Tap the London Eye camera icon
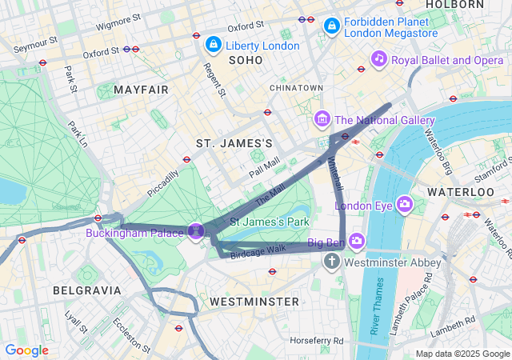[406, 205]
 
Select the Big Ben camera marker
[356, 241]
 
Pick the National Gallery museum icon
[322, 120]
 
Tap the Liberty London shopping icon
[214, 44]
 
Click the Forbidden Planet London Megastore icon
[330, 26]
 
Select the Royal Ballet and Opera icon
[379, 58]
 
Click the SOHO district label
[245, 60]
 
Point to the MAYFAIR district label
[141, 90]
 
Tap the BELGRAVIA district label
[87, 290]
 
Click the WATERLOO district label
[461, 193]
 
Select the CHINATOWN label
[296, 87]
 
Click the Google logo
[26, 350]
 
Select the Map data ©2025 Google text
[462, 354]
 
